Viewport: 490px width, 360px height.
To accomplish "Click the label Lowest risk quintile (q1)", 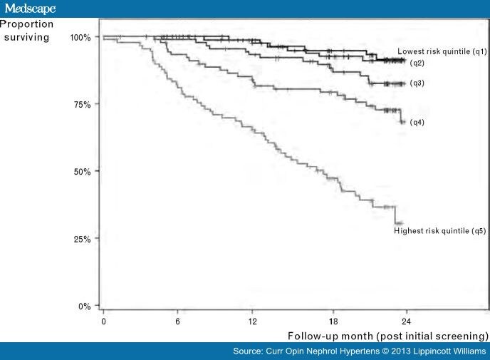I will click(442, 51).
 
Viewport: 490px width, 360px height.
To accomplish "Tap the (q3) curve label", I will click(417, 83).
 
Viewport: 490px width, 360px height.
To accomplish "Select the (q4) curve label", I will click(417, 123).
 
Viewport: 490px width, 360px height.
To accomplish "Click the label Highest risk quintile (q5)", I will click(440, 231).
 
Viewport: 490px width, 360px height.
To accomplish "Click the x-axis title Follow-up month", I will click(388, 335).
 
